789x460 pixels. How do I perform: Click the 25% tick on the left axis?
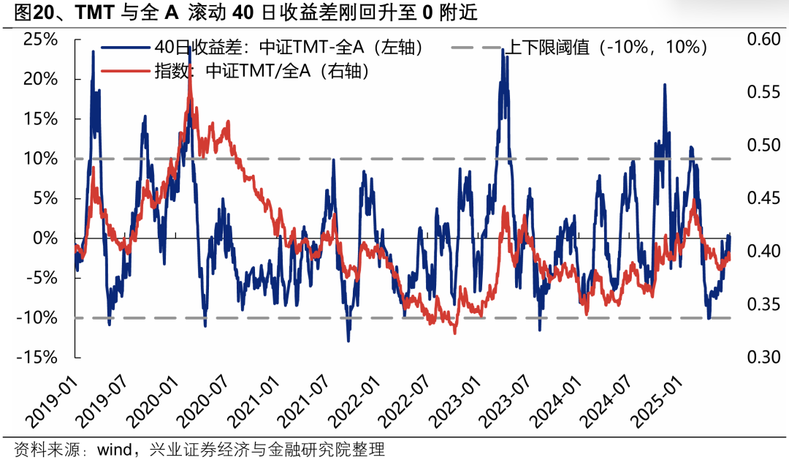point(40,39)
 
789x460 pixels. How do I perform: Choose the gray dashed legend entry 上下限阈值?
point(606,48)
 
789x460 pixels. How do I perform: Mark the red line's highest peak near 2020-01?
point(190,72)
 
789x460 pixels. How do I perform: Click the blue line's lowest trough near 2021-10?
point(348,340)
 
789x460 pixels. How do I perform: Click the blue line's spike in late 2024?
point(664,85)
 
